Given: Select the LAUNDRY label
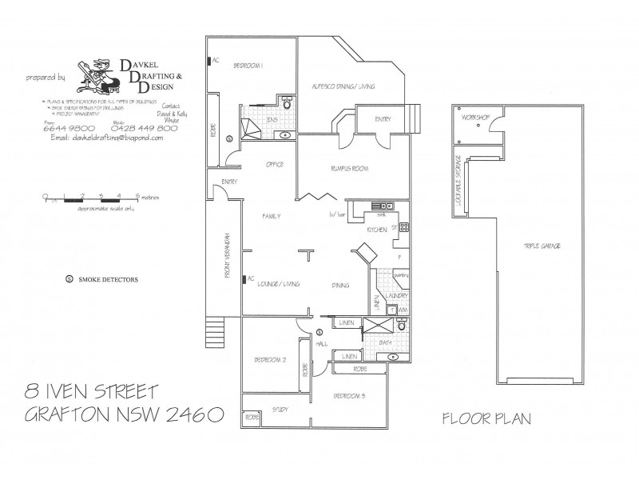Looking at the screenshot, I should tap(397, 295).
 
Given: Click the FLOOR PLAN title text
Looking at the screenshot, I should tap(486, 418).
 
